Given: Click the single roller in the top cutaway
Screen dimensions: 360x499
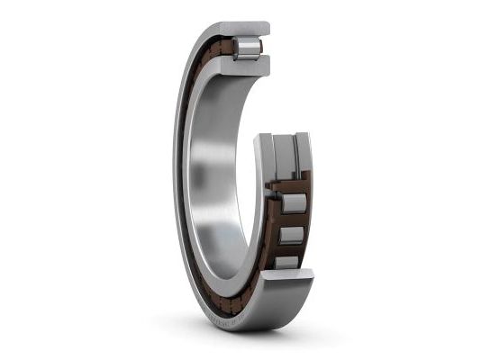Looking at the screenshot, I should [x=246, y=48].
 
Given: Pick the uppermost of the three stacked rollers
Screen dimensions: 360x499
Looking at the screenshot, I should [x=295, y=202].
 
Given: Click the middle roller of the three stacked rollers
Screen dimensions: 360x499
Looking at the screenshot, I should [x=290, y=235].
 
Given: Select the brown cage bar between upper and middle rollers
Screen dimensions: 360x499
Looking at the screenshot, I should [x=293, y=220].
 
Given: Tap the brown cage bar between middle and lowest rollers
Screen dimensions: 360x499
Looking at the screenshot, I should [x=288, y=249].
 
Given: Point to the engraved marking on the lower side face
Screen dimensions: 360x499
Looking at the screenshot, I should [x=230, y=316].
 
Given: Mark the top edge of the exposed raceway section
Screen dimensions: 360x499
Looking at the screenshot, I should [x=282, y=137].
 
